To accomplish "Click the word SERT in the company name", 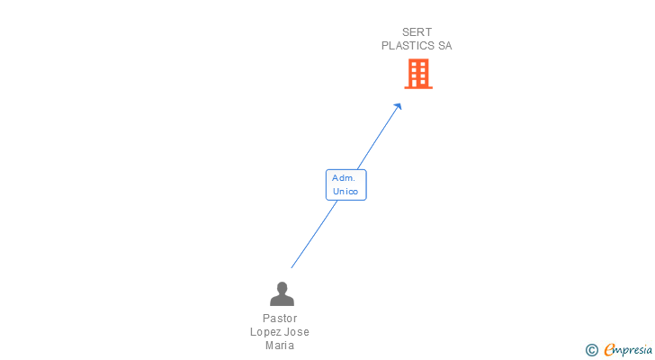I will click(x=417, y=32).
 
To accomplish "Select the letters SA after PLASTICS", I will click(x=444, y=45).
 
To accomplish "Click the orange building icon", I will click(x=418, y=74).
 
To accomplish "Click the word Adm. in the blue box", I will click(x=344, y=178).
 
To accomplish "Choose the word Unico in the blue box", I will click(x=345, y=191).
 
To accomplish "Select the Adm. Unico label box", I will click(x=345, y=184).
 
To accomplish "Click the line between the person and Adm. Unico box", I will click(x=313, y=236).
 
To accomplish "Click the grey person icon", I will click(x=282, y=293).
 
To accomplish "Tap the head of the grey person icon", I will click(x=282, y=287).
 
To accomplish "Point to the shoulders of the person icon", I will click(x=282, y=301).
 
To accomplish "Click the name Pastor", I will click(x=280, y=319).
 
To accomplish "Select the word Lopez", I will click(x=266, y=332).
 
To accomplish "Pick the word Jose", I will click(x=297, y=332).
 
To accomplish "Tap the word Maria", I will click(x=280, y=346).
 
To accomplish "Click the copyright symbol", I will click(x=591, y=350).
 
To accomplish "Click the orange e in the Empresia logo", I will click(x=609, y=350).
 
